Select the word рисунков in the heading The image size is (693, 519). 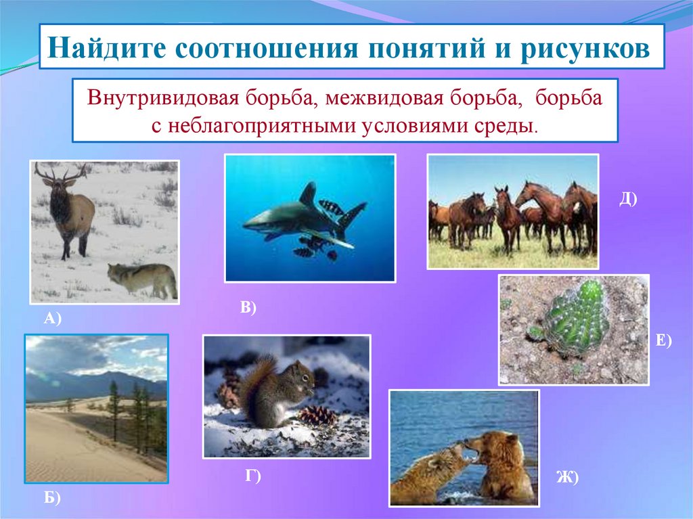[x=585, y=48]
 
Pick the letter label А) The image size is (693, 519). [x=53, y=318]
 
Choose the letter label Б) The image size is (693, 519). [x=52, y=498]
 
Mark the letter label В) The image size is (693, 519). [x=248, y=307]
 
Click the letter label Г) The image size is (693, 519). [x=253, y=476]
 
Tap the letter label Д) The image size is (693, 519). [x=628, y=199]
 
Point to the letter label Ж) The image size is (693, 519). [x=568, y=478]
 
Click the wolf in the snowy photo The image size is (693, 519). [x=143, y=279]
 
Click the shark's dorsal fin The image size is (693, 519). [x=309, y=194]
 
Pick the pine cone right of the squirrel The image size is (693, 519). [x=317, y=416]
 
